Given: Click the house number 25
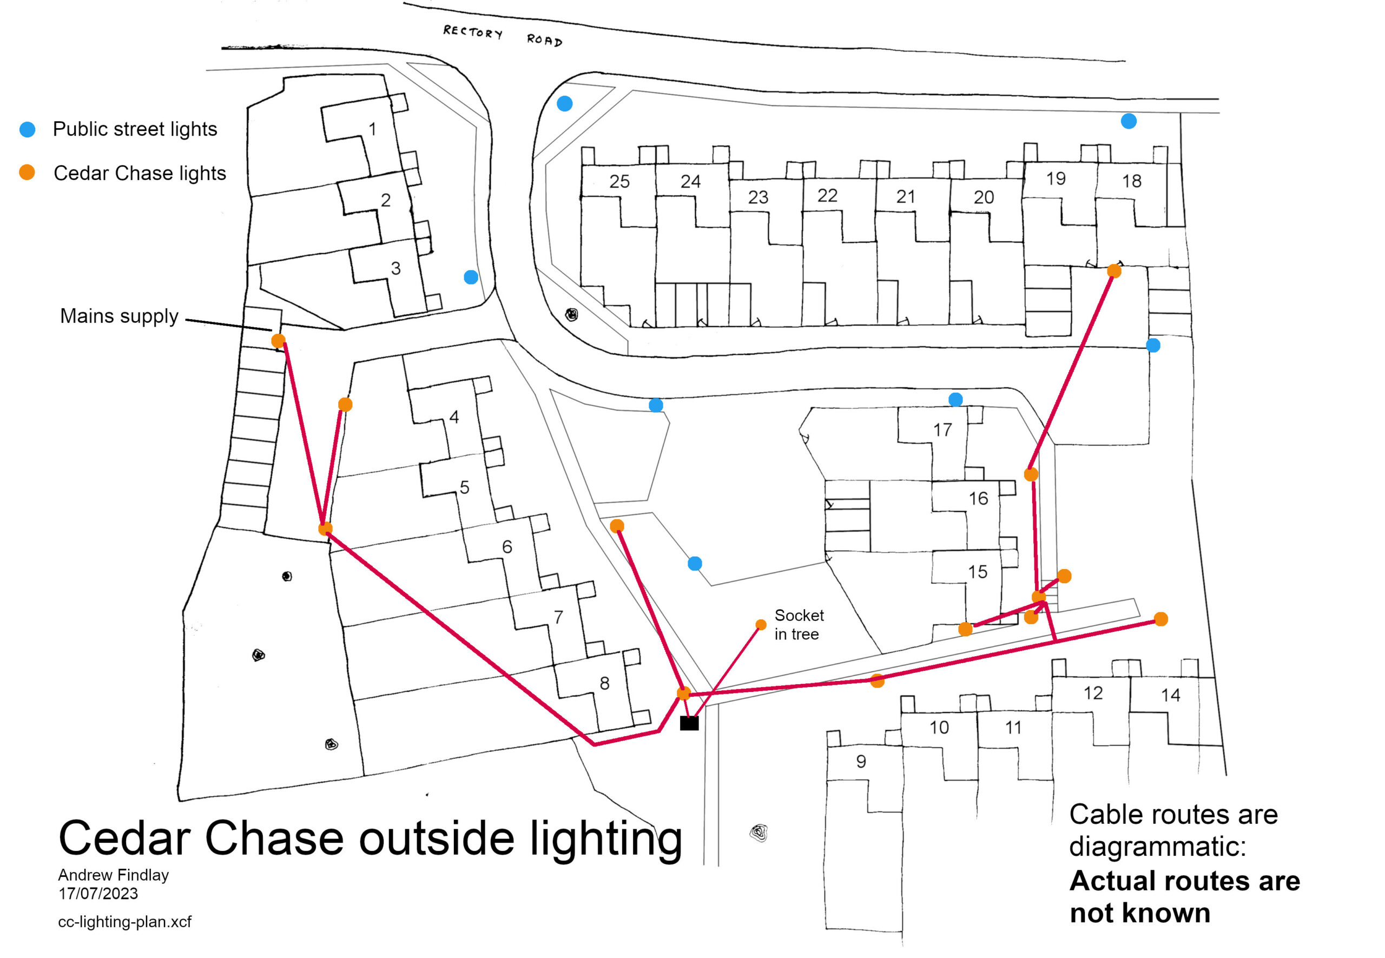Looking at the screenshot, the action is tap(619, 181).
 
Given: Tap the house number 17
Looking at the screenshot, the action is tap(942, 430).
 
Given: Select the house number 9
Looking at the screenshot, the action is tap(861, 761).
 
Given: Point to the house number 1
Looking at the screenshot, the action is tap(372, 129).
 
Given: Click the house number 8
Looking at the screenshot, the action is tap(604, 683).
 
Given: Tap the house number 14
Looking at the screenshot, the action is tap(1170, 695).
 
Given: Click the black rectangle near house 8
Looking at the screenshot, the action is tap(689, 723).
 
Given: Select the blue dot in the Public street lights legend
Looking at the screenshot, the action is tap(28, 129).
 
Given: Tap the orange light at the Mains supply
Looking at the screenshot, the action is tap(278, 341).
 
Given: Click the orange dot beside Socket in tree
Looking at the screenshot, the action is tap(760, 625).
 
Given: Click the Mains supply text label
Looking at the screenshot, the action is tap(119, 316).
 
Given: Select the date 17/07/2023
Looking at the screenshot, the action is tap(98, 893).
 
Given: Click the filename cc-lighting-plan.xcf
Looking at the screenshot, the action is tap(124, 921).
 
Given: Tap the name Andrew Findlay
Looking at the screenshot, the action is tap(114, 875).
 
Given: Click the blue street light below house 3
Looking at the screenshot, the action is tap(471, 277).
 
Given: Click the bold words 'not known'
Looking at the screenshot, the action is tap(1139, 913).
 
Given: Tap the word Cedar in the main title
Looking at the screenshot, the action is tap(124, 838).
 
